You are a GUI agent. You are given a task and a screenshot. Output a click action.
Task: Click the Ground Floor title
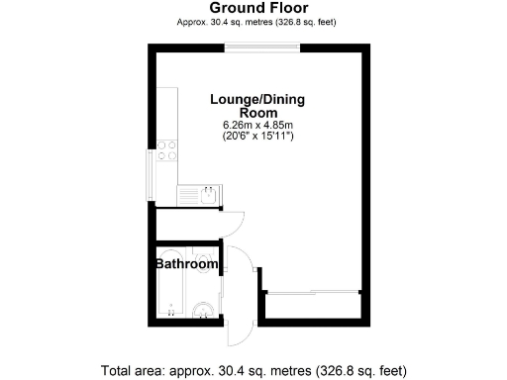pos(253,8)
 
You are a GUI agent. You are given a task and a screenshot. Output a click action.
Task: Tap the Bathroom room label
pos(186,264)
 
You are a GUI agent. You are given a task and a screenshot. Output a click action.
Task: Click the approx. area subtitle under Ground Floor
pos(253,22)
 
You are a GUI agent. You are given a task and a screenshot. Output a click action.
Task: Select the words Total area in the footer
pos(133,371)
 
